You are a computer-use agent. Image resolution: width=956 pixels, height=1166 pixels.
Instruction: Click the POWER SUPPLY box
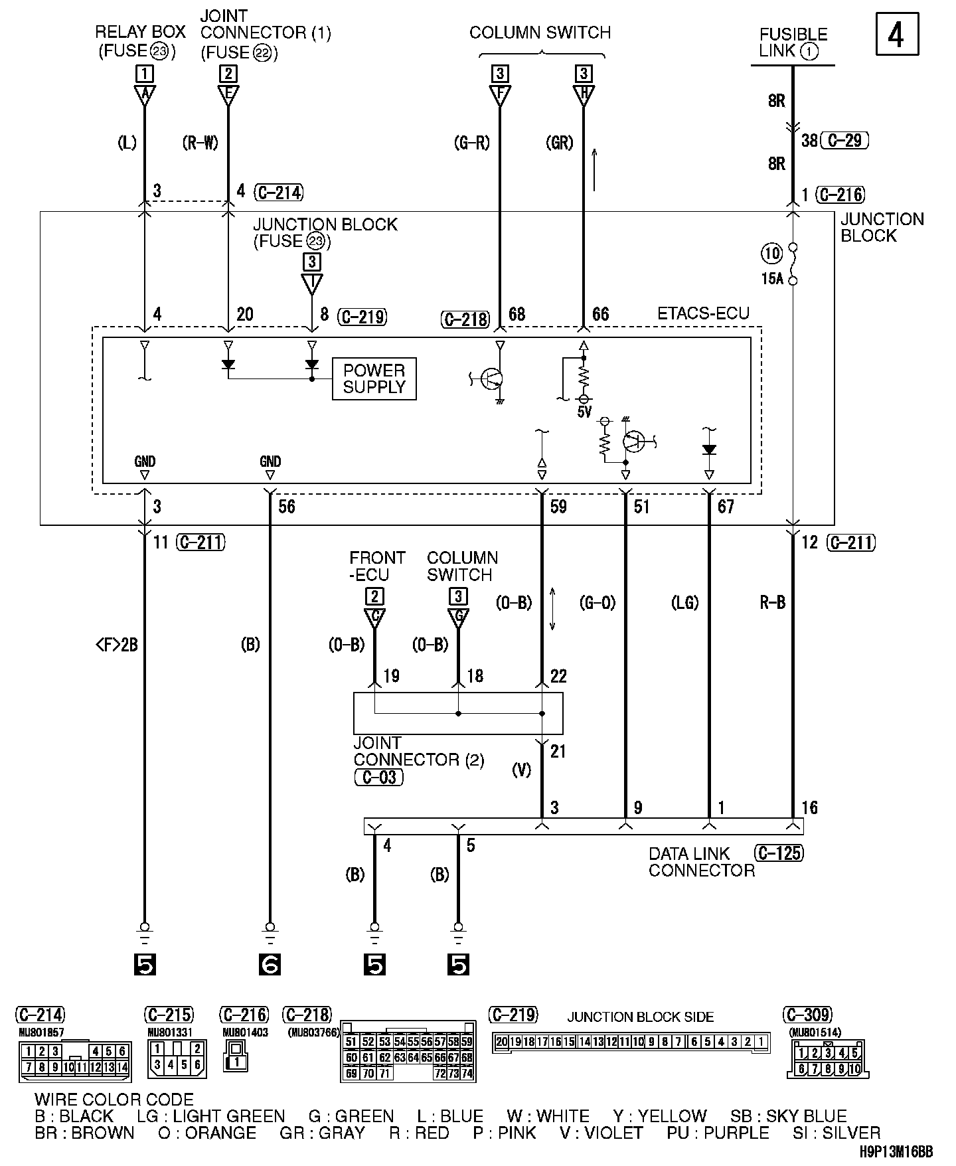click(374, 379)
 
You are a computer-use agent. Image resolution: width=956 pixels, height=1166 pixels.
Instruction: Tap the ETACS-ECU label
click(703, 313)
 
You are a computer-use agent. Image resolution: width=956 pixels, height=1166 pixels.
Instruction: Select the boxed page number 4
click(897, 35)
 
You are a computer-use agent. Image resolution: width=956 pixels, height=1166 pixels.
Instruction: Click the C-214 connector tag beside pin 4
click(279, 193)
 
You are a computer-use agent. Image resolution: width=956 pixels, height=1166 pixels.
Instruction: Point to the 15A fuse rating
click(772, 279)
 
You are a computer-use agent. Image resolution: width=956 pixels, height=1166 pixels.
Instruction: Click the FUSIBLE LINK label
click(793, 42)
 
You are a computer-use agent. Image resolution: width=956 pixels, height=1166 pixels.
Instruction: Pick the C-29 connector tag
click(844, 141)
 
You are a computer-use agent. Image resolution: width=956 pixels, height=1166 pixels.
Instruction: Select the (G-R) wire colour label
click(472, 142)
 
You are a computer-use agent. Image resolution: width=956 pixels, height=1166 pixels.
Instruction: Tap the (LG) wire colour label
click(684, 602)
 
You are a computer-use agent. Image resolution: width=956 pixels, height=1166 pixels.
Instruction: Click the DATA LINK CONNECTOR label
click(701, 862)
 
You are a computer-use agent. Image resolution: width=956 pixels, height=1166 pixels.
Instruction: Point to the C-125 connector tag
click(779, 853)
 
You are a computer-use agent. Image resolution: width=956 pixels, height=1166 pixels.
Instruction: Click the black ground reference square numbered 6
click(270, 964)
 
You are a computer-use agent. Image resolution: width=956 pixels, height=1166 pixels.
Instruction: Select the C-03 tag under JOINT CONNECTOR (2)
click(378, 777)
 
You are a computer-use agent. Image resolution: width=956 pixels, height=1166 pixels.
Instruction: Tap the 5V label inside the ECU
click(584, 412)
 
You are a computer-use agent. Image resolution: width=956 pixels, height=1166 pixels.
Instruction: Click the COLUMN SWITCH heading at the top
click(540, 33)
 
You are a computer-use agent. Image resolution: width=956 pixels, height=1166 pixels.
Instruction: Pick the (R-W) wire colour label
click(200, 142)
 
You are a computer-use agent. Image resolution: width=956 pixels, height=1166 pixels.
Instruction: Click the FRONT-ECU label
click(376, 566)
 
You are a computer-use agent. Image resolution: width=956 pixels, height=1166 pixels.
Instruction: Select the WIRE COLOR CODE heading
click(114, 1100)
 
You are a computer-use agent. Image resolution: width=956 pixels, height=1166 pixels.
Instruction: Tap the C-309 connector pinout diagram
click(828, 1060)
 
